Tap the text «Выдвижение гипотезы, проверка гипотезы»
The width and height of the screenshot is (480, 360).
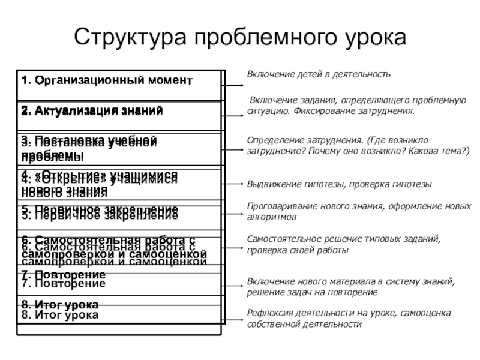340,184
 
